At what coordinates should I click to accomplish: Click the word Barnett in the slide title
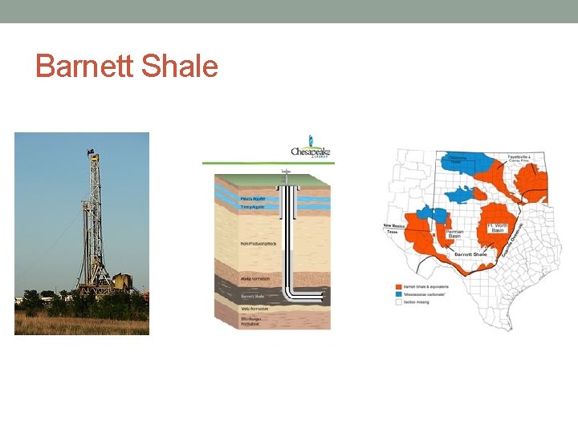click(84, 67)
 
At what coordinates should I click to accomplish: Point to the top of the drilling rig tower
click(94, 155)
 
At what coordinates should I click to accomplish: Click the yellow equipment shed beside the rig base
click(121, 282)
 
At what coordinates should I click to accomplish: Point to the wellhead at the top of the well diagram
click(286, 172)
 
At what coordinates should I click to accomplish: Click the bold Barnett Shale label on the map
click(470, 253)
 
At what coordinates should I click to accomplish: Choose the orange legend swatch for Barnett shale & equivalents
click(399, 286)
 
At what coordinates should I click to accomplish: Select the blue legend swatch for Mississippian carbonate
click(399, 293)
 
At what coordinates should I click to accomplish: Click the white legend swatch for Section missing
click(399, 301)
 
